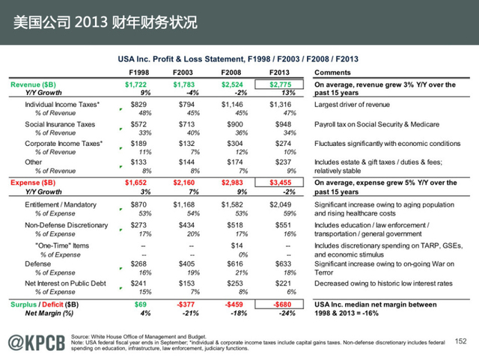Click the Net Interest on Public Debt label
[x=66, y=284]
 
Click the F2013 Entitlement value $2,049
[x=278, y=204]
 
